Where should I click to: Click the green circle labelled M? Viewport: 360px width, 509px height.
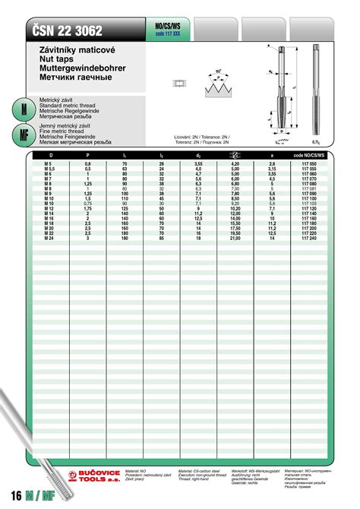[23, 109]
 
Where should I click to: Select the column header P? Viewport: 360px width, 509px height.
[87, 155]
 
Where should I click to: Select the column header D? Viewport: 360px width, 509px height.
[50, 155]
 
